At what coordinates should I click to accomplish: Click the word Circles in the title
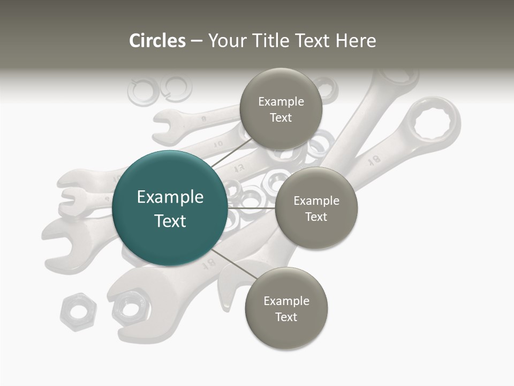157,41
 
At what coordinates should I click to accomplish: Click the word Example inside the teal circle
170,197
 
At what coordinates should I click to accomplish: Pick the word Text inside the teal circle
170,221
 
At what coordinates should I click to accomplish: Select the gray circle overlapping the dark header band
281,109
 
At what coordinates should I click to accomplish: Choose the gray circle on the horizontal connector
316,208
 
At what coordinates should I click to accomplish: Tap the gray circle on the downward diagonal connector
286,308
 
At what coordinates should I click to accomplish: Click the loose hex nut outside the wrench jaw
78,311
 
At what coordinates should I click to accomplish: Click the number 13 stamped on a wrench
239,168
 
